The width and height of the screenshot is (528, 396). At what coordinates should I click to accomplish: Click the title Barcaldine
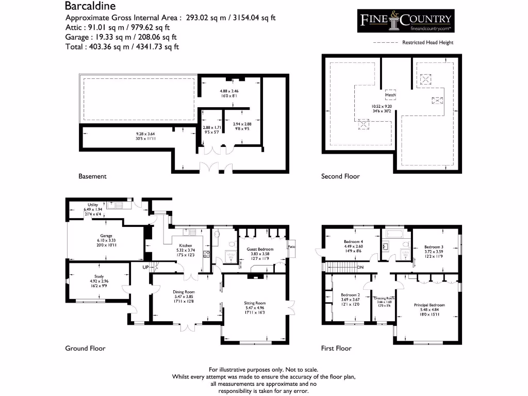click(90, 6)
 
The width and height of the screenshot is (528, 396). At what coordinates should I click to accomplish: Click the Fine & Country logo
click(406, 21)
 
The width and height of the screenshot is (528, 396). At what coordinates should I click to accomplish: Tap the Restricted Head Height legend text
click(428, 43)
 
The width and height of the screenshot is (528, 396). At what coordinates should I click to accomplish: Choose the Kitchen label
click(186, 245)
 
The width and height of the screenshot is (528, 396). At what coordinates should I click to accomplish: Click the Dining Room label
click(184, 292)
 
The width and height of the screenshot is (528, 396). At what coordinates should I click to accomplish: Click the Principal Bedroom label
click(429, 305)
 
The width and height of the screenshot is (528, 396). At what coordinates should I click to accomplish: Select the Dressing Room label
click(384, 299)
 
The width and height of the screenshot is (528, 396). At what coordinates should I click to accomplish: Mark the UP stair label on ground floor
click(146, 267)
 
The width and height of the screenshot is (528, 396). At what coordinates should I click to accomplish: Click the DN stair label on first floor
click(360, 267)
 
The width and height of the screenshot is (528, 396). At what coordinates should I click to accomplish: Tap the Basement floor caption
click(92, 176)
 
